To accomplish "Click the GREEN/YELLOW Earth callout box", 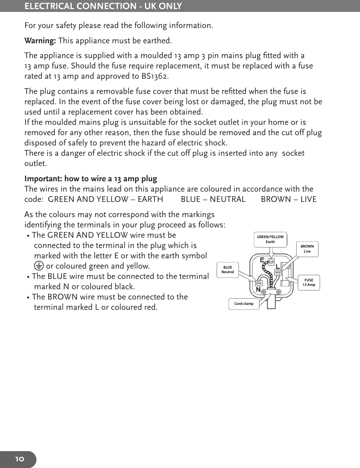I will pos(270,239).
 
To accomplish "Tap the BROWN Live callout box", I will pos(307,249).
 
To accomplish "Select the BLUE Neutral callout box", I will pos(228,270).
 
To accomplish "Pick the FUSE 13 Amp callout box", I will pos(309,283).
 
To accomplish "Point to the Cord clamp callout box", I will pos(244,304).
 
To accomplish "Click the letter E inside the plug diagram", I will pos(262,260).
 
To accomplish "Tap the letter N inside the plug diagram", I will pos(258,290).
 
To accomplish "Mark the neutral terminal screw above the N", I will pos(259,283).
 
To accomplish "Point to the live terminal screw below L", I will pos(278,272).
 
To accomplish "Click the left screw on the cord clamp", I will pos(263,291).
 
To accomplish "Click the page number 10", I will pos(20,459).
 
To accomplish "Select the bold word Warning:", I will pos(40,41).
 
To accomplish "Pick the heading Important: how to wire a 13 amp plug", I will pos(91,179).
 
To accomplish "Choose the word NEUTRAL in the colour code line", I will pos(227,199).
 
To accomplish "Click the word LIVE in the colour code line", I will pos(307,199).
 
